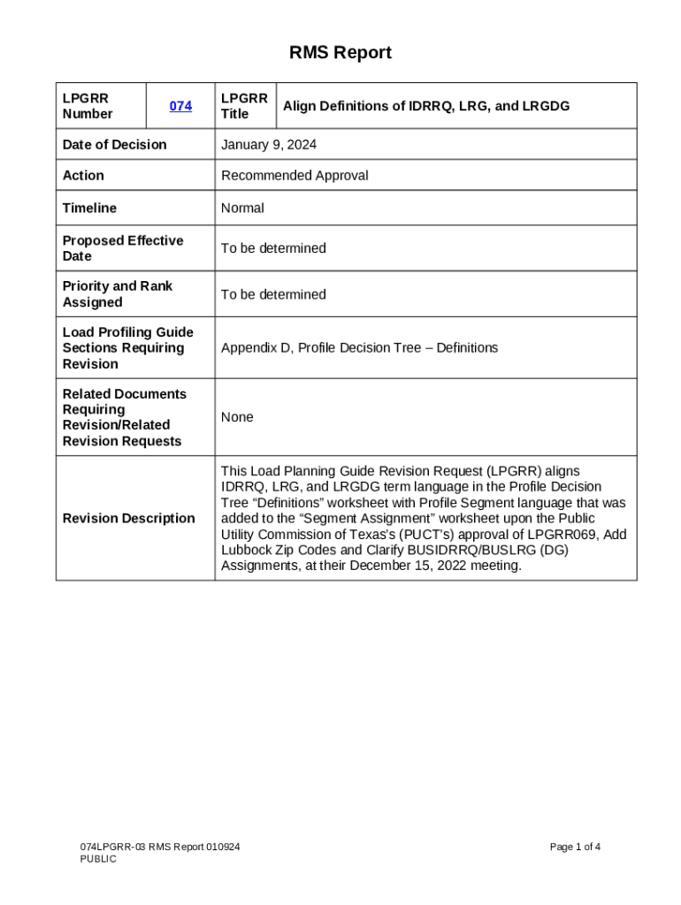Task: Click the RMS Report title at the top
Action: [x=340, y=53]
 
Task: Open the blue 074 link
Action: [x=180, y=106]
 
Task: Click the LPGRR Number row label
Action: [x=88, y=106]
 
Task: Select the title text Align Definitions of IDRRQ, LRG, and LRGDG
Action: [x=425, y=106]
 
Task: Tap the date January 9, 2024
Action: [x=269, y=144]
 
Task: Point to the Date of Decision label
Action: [x=114, y=144]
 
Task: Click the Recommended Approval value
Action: [x=295, y=175]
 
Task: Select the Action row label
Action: [x=83, y=175]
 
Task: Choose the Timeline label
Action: [x=89, y=208]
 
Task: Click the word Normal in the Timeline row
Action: [x=242, y=208]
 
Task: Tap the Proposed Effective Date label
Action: [x=123, y=248]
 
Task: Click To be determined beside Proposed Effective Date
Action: [x=273, y=248]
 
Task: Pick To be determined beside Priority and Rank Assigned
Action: [x=273, y=294]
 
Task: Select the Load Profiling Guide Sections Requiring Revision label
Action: [x=127, y=347]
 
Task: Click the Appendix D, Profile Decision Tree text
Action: [x=359, y=347]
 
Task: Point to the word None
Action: [x=237, y=417]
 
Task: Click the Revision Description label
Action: [x=129, y=518]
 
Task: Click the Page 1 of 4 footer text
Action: [x=575, y=847]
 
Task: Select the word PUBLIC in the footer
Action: [x=98, y=859]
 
